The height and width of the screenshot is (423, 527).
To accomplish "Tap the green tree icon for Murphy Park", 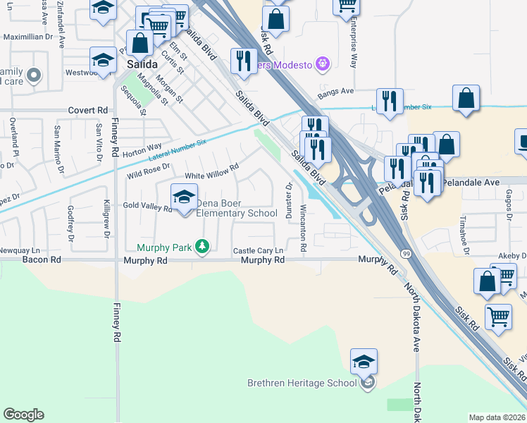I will (x=203, y=246).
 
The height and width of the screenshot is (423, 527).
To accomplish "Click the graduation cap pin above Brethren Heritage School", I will (x=364, y=362).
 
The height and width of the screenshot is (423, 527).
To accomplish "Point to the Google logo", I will (x=23, y=415).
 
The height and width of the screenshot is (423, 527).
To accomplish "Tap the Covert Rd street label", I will (x=88, y=111).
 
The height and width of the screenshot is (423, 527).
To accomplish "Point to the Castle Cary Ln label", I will (x=258, y=251).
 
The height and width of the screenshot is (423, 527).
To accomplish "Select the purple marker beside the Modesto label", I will (x=323, y=64).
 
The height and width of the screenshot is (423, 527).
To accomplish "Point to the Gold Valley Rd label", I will (x=148, y=208).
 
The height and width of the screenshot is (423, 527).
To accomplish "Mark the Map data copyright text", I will (x=497, y=417).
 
